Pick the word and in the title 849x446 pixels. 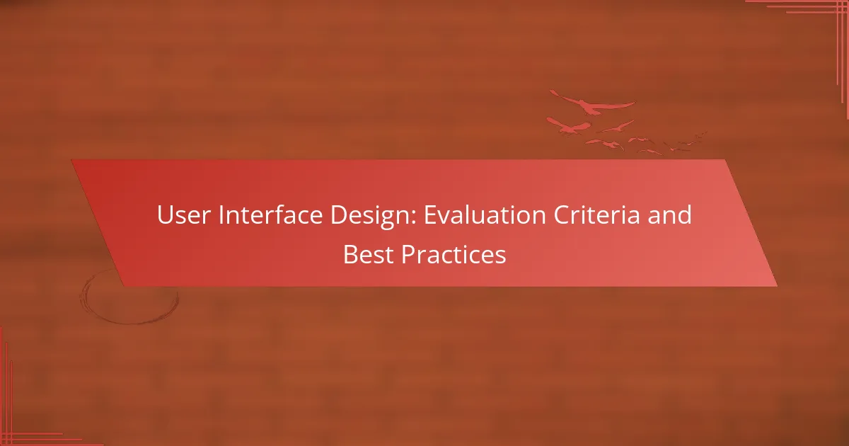pyautogui.click(x=671, y=215)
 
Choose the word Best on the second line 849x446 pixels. pyautogui.click(x=369, y=255)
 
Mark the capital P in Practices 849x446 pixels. pyautogui.click(x=408, y=255)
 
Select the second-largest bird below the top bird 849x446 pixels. pyautogui.click(x=570, y=127)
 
